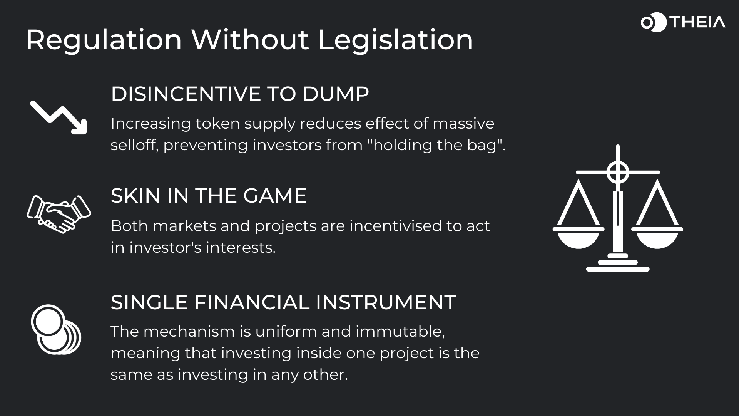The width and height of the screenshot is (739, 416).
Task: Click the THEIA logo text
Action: tap(697, 22)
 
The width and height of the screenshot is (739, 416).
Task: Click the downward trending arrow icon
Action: tap(59, 117)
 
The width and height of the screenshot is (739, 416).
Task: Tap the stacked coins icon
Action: tap(56, 329)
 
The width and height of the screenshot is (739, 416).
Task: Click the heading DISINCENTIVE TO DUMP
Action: tap(240, 94)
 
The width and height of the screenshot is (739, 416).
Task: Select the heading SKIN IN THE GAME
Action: tap(209, 196)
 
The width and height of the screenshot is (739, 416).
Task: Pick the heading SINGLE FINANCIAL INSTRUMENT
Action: tap(283, 302)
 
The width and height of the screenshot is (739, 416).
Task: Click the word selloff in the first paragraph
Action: tap(135, 145)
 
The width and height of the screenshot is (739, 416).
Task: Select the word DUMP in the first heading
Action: tap(336, 94)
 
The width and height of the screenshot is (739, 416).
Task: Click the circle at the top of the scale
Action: tap(618, 172)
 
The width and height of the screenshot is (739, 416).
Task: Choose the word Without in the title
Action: tap(251, 40)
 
